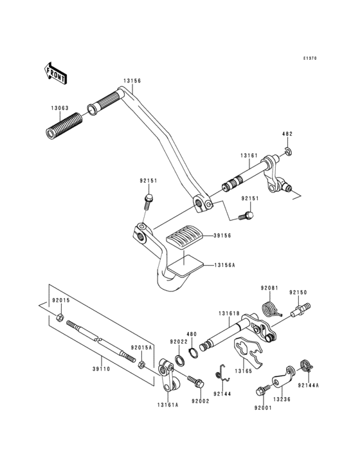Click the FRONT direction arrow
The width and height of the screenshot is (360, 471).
pyautogui.click(x=56, y=73)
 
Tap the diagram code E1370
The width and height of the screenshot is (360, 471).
pyautogui.click(x=311, y=59)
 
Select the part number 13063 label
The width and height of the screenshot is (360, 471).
pyautogui.click(x=60, y=109)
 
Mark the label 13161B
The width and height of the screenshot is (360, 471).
pyautogui.click(x=229, y=313)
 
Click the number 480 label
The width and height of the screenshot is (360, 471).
pyautogui.click(x=191, y=334)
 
